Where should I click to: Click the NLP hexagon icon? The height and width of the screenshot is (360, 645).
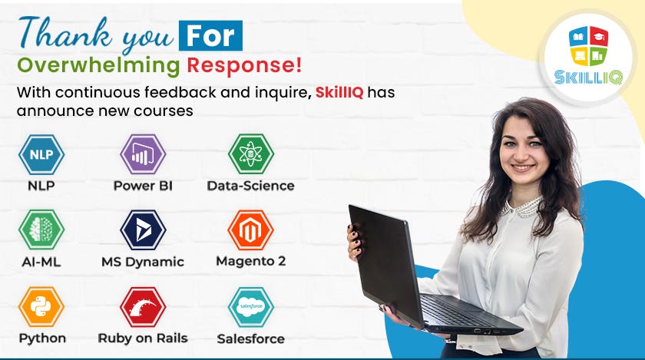coord(41,154)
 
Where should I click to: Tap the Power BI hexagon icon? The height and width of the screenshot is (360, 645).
coord(143,154)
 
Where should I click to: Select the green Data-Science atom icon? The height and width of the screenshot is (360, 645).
coord(250,154)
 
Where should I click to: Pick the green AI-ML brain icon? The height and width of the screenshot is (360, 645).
coord(41,230)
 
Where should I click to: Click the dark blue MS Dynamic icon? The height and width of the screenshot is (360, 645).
coord(143,230)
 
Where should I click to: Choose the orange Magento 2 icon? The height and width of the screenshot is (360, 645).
coord(250,230)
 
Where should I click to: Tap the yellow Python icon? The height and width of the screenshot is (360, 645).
coord(41,306)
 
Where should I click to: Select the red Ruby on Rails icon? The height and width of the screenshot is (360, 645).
coord(143,306)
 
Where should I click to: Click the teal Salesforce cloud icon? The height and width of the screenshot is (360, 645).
coord(250,306)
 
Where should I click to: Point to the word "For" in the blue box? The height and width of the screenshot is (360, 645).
coord(210,35)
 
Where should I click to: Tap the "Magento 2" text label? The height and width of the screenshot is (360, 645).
coord(250,261)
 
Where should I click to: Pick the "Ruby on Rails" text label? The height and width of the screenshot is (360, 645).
coord(143,338)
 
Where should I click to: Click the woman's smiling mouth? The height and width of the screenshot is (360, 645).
coord(523,167)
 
